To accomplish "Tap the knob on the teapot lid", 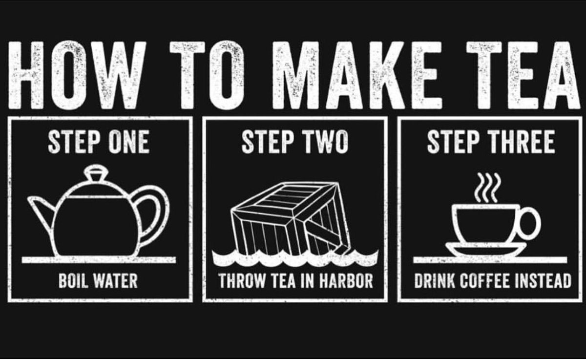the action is click(x=96, y=173).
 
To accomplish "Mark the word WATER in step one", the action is click(x=116, y=281).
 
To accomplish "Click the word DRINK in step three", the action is click(x=435, y=281).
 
